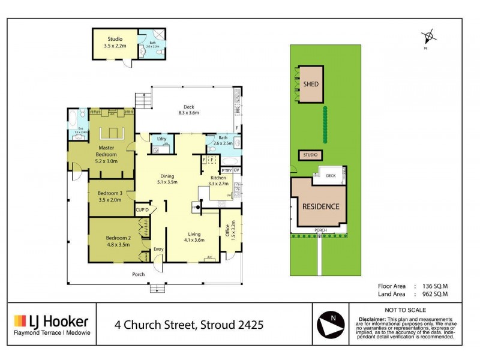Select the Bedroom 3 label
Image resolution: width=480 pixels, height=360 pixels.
110,196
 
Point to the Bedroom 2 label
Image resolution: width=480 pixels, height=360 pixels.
110,241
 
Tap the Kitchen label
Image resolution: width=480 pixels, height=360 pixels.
217,179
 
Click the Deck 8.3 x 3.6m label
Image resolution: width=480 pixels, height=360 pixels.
188,110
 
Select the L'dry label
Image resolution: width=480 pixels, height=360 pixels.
161,139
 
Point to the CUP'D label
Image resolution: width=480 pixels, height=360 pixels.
142,209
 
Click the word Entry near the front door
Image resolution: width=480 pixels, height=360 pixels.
158,249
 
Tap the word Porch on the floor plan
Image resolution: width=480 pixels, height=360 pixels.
139,275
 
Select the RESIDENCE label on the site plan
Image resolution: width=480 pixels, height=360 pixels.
320,206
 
